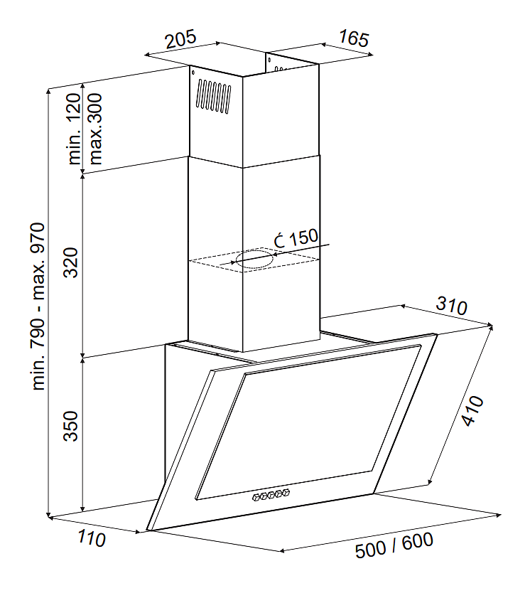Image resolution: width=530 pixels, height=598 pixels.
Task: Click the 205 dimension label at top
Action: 180,40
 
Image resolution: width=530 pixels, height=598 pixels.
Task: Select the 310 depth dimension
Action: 451,306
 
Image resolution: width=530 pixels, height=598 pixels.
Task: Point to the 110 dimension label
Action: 90,539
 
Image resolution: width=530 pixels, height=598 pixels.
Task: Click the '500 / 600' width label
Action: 394,545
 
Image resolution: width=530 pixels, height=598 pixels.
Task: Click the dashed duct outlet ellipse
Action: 254,260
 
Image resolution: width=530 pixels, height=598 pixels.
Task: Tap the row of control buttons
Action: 271,495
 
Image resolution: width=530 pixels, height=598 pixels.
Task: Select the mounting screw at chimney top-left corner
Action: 193,72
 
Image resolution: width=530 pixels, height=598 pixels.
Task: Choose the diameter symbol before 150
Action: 279,240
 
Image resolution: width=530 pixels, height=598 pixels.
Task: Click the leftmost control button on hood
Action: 255,497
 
